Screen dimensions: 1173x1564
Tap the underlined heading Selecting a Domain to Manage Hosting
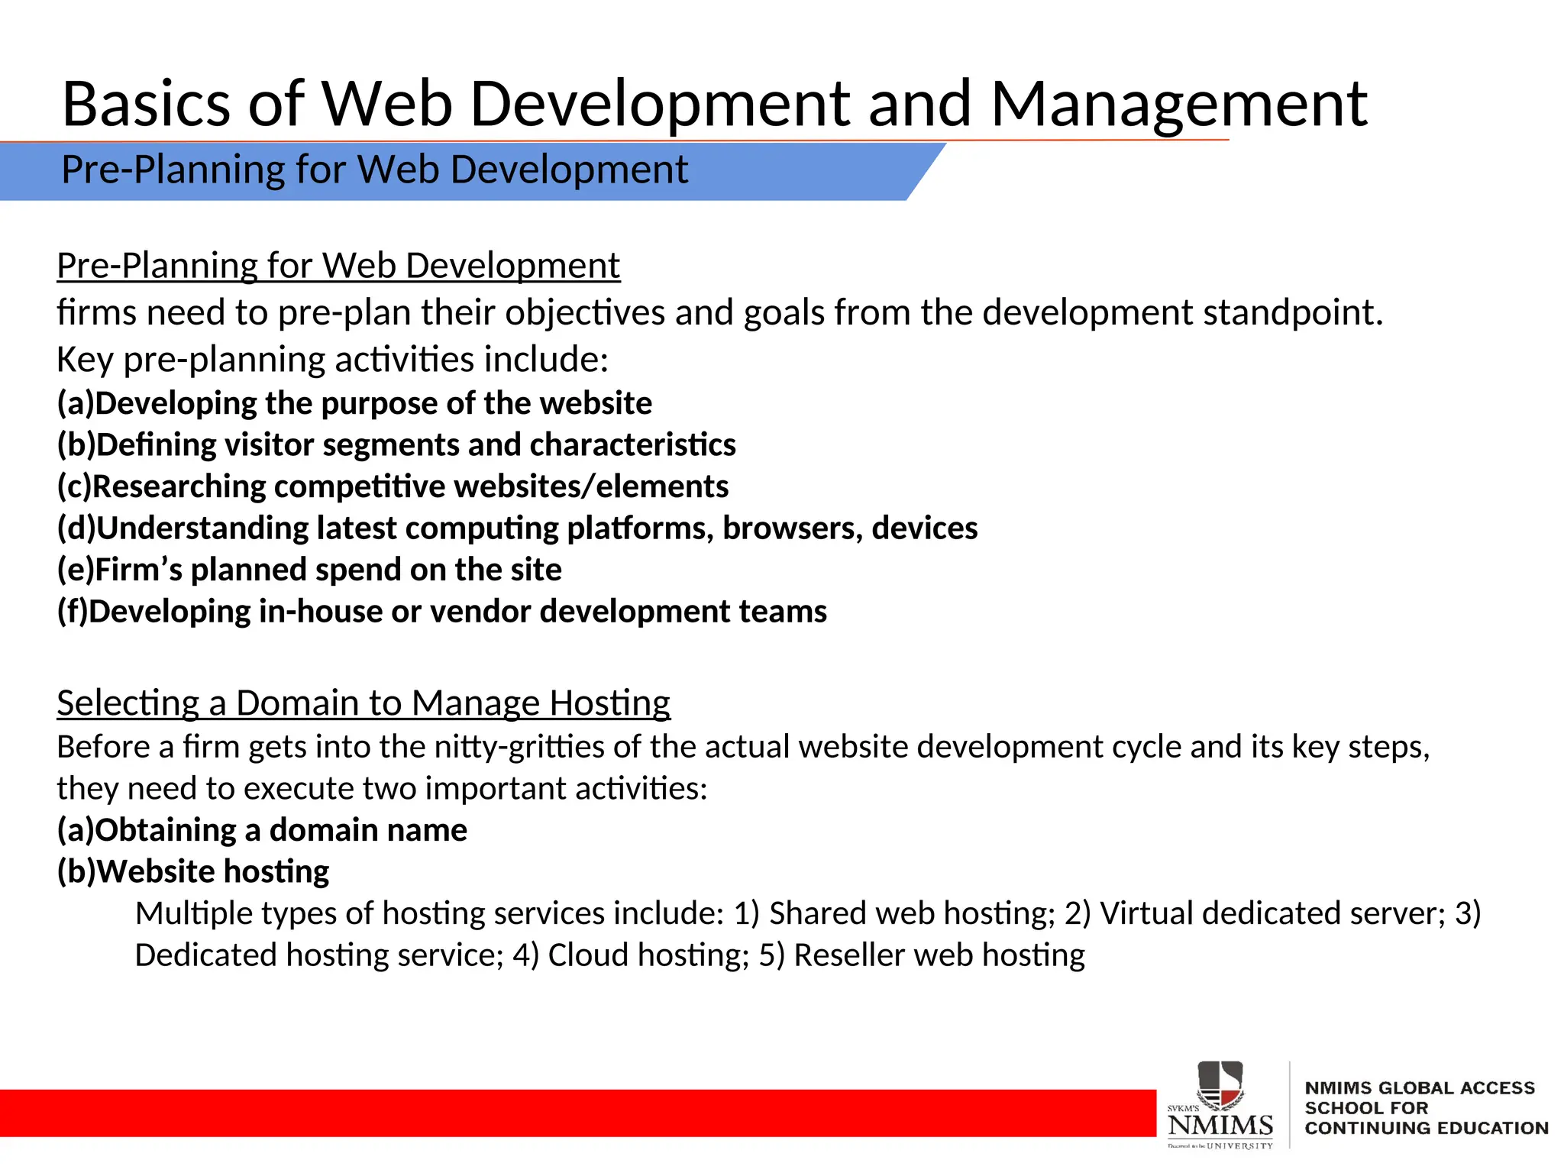pyautogui.click(x=364, y=703)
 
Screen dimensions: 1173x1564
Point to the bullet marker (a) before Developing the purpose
pyautogui.click(x=75, y=403)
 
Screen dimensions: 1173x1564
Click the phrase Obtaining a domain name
pyautogui.click(x=281, y=830)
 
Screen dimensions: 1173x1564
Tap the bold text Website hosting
pyautogui.click(x=213, y=871)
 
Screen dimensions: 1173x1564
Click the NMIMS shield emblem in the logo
pyautogui.click(x=1220, y=1084)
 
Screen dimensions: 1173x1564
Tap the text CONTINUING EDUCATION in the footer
pyautogui.click(x=1426, y=1128)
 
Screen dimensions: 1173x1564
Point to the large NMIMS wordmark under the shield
pyautogui.click(x=1220, y=1125)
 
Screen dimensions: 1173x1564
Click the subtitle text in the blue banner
pyautogui.click(x=374, y=170)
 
